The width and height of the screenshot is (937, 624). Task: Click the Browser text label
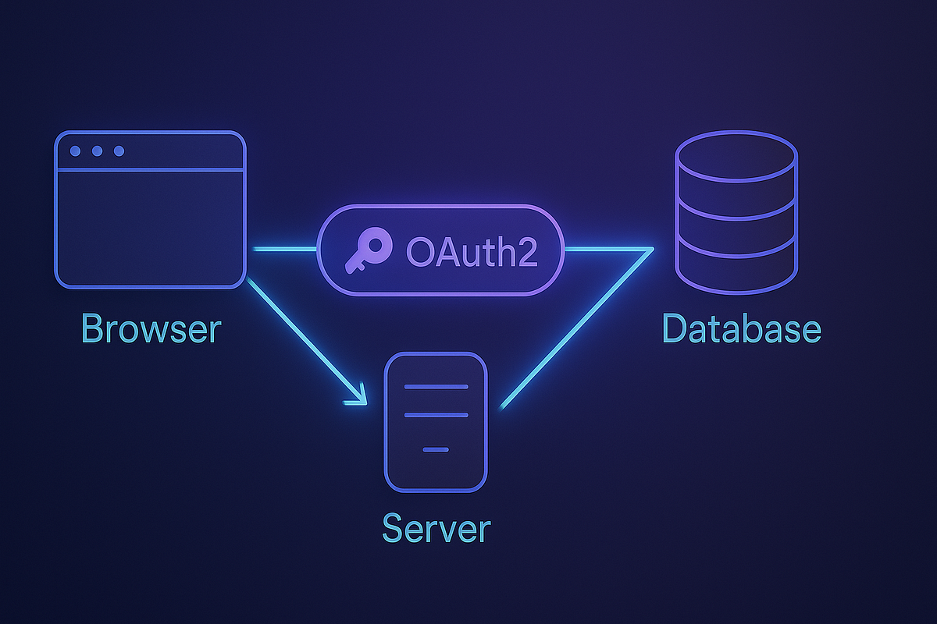(x=151, y=328)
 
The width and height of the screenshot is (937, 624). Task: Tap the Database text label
(x=742, y=328)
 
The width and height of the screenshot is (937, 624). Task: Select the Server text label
(x=436, y=528)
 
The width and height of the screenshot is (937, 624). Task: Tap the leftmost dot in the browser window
(x=76, y=151)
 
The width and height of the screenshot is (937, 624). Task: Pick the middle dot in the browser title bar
(x=98, y=151)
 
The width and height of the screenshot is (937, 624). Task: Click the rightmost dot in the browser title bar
(x=119, y=151)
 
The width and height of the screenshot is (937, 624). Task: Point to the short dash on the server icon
(x=436, y=449)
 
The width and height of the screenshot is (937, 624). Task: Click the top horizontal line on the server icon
(x=436, y=387)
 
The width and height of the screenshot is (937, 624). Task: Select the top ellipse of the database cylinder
(x=736, y=152)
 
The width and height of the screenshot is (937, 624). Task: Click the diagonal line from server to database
(x=578, y=328)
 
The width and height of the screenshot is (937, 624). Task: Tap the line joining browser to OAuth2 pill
(x=285, y=249)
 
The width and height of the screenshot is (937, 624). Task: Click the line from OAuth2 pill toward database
(x=605, y=249)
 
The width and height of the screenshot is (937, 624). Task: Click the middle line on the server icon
(x=436, y=415)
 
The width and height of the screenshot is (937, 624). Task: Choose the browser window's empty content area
(x=150, y=226)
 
